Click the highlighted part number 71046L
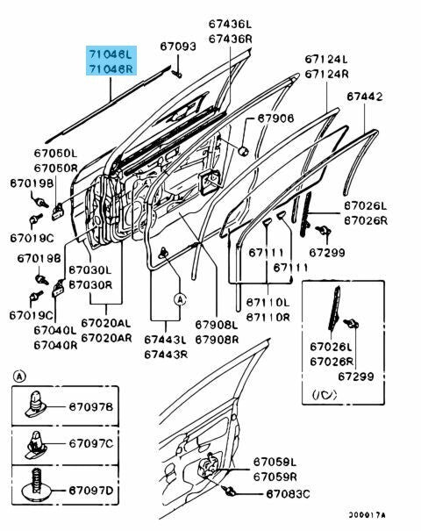tap(111, 54)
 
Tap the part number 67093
tap(178, 46)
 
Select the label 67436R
tap(231, 39)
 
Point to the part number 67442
tap(365, 97)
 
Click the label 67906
tap(275, 118)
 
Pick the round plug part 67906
tap(243, 151)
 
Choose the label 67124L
tap(326, 60)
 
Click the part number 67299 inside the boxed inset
tap(356, 377)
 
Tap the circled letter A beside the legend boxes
tap(19, 377)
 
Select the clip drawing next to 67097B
tap(36, 405)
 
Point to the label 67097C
tap(91, 443)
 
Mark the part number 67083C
tap(288, 494)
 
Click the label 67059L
tap(275, 462)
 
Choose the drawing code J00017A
tap(367, 515)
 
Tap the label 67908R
tap(217, 340)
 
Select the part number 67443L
tap(166, 340)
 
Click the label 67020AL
tap(106, 323)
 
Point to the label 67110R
tap(268, 318)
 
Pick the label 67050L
tap(55, 153)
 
